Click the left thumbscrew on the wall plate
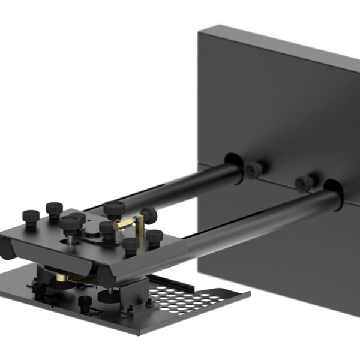click(x=254, y=170)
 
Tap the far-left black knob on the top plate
click(x=31, y=217)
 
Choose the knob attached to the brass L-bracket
click(x=148, y=214)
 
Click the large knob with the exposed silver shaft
click(x=70, y=226)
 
